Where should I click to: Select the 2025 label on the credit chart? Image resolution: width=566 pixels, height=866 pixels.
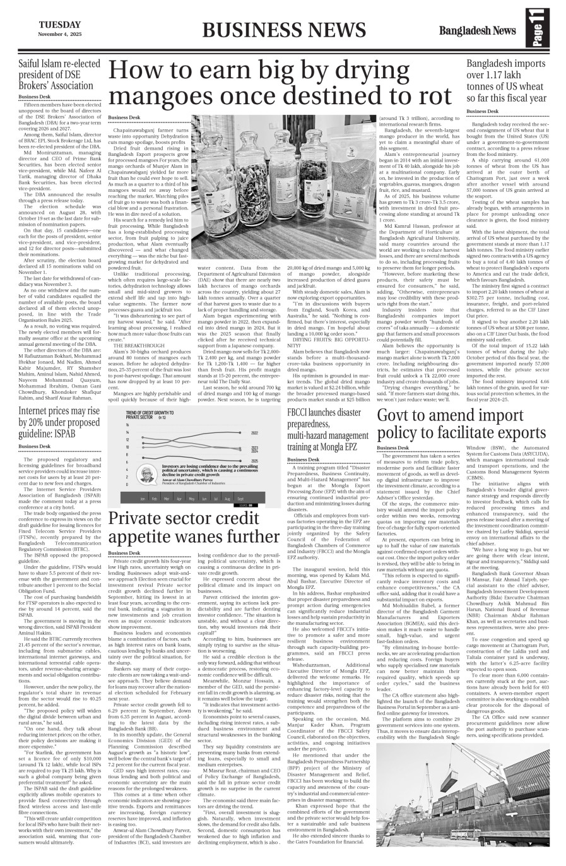tap(254, 461)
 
